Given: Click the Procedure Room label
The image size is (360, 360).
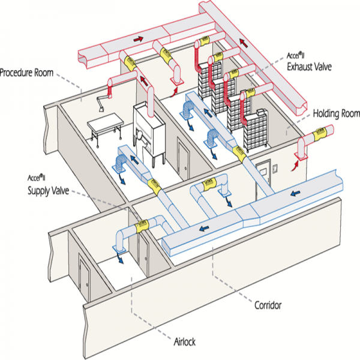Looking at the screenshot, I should tap(27, 73).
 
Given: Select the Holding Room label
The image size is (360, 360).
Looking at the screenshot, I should tap(332, 113).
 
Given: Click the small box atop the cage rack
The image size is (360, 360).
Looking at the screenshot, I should tap(260, 112).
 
